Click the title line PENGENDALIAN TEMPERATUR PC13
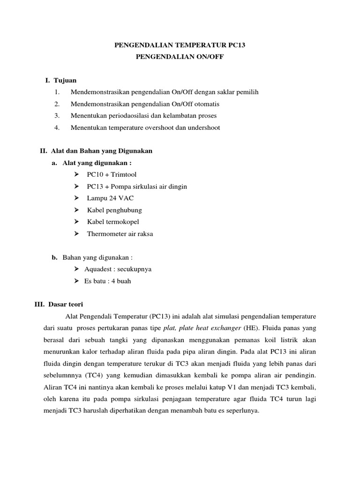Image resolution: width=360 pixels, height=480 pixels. point(180,45)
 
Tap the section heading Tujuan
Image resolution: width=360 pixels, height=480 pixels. point(65,81)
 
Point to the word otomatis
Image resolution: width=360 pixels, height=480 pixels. point(205,104)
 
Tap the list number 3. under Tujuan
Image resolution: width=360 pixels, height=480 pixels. point(57,115)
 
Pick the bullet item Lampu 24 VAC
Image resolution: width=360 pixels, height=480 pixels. point(110,198)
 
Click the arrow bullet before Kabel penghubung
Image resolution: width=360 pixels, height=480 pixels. point(77,210)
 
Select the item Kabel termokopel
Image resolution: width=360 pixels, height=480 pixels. point(113,222)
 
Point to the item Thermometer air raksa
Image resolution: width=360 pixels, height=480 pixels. point(120,233)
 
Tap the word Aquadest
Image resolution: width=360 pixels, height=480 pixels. point(99,270)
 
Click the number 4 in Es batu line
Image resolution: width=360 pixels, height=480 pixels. point(111,281)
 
